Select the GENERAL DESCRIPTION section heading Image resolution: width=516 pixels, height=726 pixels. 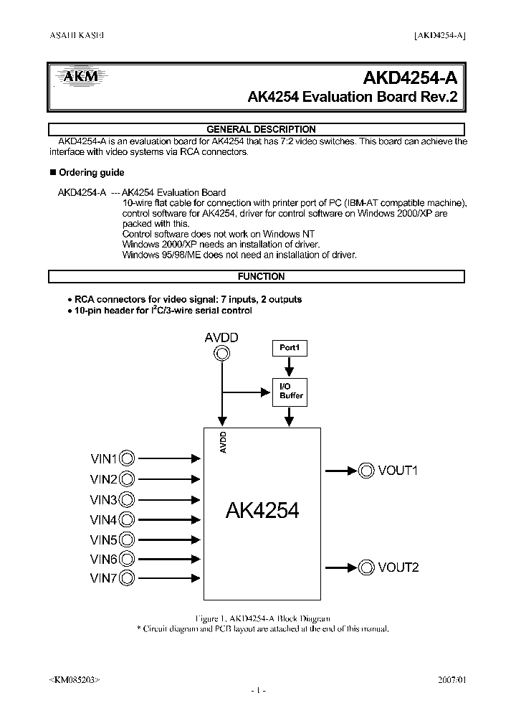pyautogui.click(x=261, y=129)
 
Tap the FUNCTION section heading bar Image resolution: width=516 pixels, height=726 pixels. pyautogui.click(x=261, y=276)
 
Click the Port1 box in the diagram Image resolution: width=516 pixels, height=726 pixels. pyautogui.click(x=289, y=348)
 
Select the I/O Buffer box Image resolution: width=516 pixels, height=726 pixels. pyautogui.click(x=290, y=391)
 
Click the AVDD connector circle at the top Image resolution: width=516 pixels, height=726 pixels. pyautogui.click(x=222, y=355)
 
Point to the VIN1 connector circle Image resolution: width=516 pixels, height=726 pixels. pyautogui.click(x=127, y=458)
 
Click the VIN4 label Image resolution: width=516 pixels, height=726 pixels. pyautogui.click(x=103, y=519)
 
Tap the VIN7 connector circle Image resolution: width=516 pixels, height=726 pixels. pyautogui.click(x=127, y=578)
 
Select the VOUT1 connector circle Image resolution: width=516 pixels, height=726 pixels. pyautogui.click(x=366, y=470)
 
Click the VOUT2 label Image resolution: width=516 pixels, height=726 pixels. pyautogui.click(x=398, y=567)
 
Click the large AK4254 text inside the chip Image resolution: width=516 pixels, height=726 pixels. pyautogui.click(x=262, y=510)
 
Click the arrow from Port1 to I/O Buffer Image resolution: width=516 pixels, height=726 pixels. pyautogui.click(x=289, y=367)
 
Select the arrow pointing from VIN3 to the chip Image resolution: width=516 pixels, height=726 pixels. pyautogui.click(x=167, y=499)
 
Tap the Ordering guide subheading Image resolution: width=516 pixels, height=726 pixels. pyautogui.click(x=91, y=172)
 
